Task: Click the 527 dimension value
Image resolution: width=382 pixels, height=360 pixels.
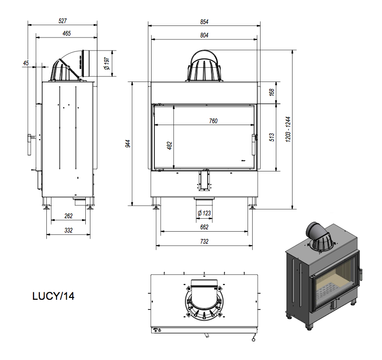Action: [63, 21]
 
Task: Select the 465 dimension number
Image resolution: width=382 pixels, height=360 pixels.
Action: [66, 33]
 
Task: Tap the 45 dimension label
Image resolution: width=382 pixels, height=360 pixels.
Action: [26, 63]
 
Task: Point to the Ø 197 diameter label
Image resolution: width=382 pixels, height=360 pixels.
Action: [107, 63]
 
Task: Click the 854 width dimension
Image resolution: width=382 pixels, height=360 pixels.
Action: [204, 22]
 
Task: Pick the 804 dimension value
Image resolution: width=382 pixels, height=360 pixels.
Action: [204, 35]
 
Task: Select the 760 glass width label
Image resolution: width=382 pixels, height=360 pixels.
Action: [213, 121]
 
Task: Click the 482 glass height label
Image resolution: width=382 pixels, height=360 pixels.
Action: [170, 145]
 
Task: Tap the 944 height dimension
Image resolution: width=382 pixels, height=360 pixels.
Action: [128, 144]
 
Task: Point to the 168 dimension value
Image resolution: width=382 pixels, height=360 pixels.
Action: [272, 92]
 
